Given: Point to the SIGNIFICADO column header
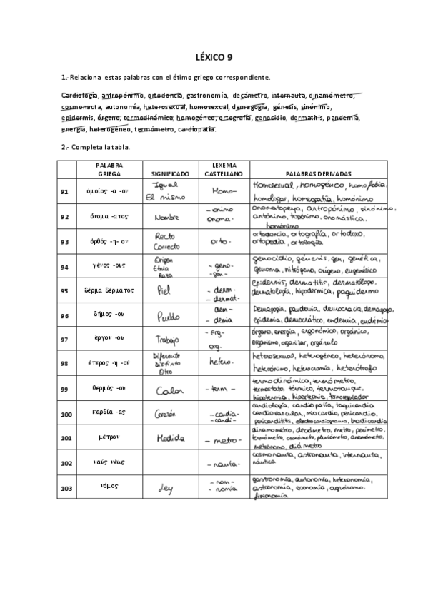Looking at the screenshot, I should [169, 173].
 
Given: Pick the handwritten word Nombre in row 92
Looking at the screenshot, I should [165, 217].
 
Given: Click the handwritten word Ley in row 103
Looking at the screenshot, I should [165, 489].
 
